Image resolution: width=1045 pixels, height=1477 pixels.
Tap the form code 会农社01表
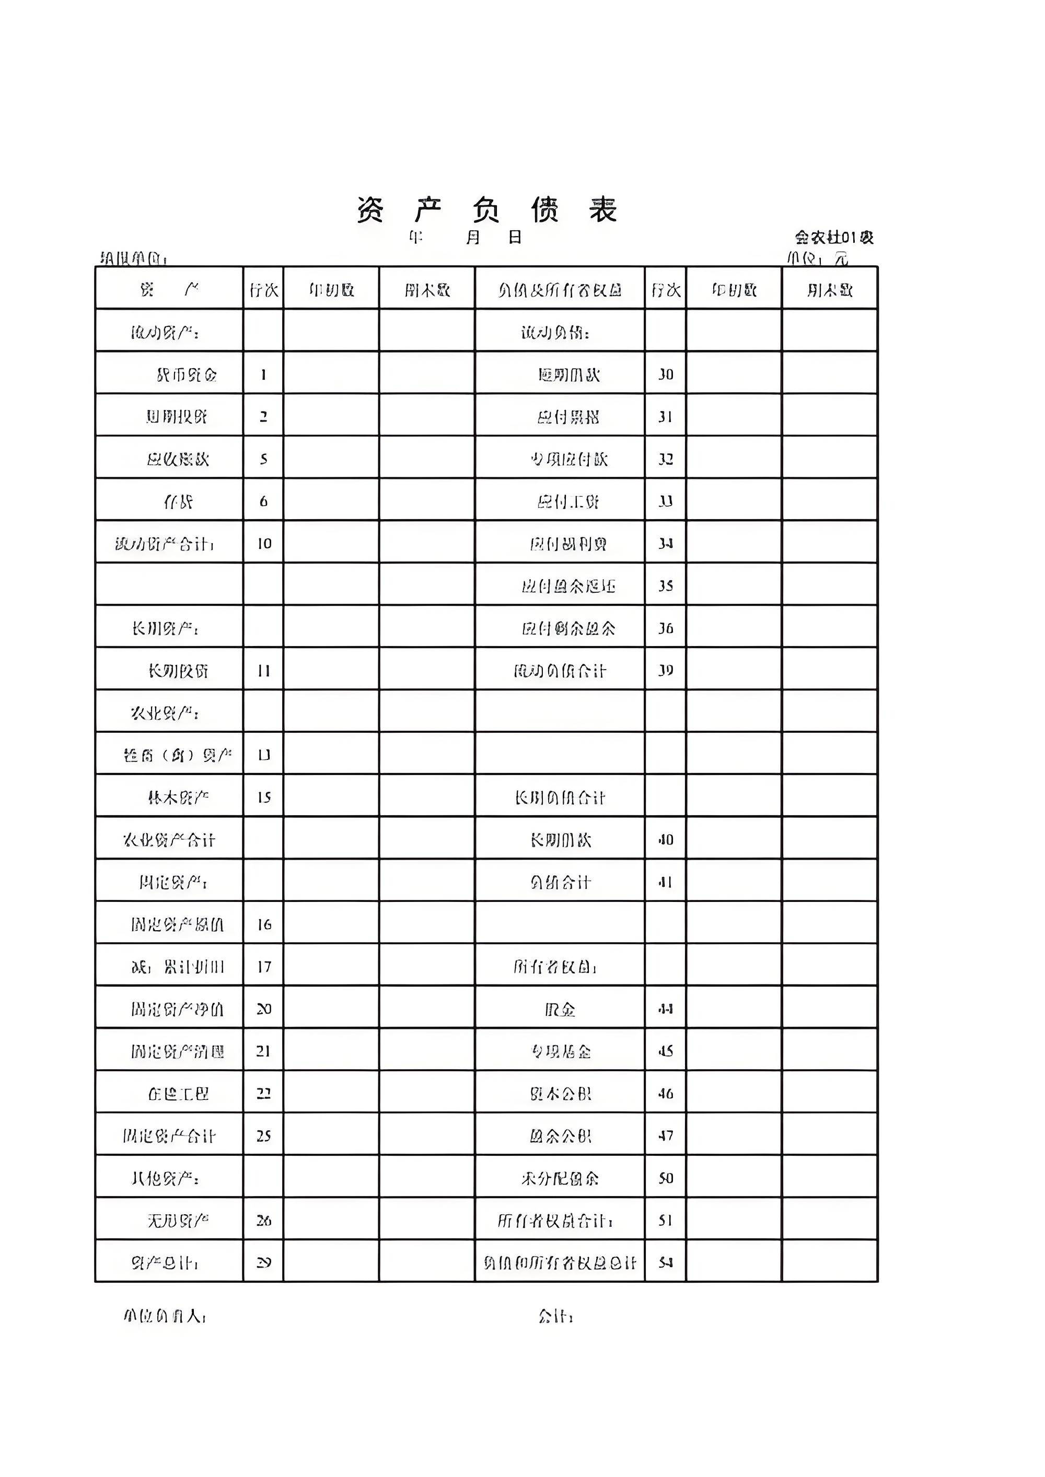pos(834,237)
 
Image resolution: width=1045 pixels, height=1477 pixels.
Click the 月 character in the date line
pos(473,237)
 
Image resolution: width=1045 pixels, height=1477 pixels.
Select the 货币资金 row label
pos(187,374)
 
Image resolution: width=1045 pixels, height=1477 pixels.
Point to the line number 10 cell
pos(264,544)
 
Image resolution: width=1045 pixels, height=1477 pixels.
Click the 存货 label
pos(178,501)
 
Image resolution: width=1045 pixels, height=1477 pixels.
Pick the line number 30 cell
pos(665,374)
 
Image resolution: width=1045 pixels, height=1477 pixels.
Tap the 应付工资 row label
pos(568,501)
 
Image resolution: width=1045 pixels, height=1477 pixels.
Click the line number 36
pos(665,628)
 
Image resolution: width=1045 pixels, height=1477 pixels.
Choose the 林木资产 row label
pos(178,798)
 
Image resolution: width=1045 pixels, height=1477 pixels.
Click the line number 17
pos(264,967)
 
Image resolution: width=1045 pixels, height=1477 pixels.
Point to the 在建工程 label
pos(178,1094)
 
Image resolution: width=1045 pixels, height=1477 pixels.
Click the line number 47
pos(665,1136)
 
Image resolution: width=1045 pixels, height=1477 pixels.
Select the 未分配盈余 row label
pos(560,1178)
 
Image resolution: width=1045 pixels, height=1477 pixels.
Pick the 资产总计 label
pos(165,1263)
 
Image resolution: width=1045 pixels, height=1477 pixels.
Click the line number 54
pos(665,1263)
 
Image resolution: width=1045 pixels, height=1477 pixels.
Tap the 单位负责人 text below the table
pos(165,1316)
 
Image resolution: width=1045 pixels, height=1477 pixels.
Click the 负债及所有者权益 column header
pos(560,290)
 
